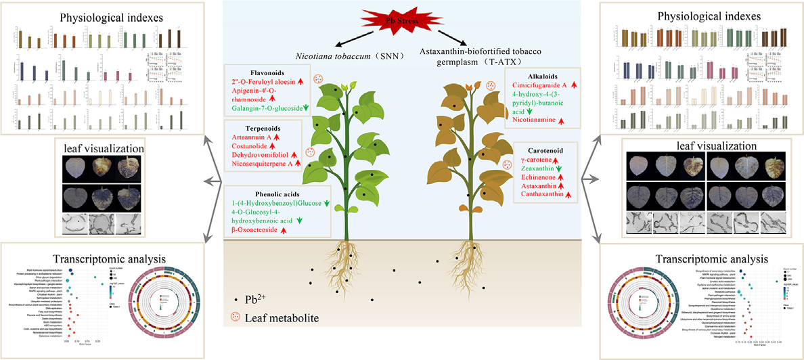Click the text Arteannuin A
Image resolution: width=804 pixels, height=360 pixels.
(x=255, y=137)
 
